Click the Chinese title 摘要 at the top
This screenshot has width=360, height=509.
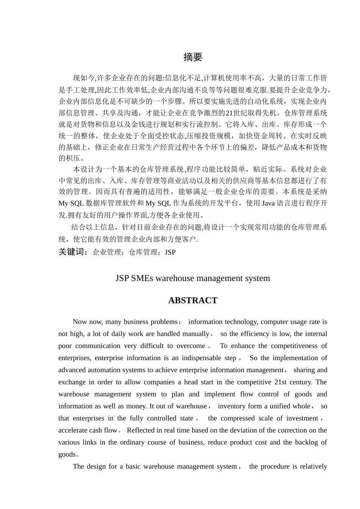pos(193,57)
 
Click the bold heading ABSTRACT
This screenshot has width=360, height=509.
pos(193,301)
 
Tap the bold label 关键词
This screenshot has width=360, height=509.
pos(73,252)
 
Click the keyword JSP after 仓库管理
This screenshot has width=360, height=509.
pos(170,252)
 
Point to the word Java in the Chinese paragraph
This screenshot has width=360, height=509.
pos(268,203)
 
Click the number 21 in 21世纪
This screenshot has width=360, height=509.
pos(229,113)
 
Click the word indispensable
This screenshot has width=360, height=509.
pos(202,358)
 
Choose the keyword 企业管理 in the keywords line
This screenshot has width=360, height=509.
pos(106,252)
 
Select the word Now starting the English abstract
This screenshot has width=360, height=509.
pos(80,322)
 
